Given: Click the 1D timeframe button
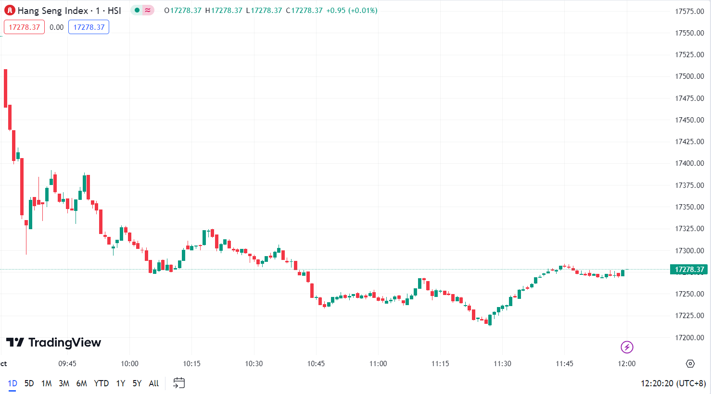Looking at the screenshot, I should (x=13, y=383).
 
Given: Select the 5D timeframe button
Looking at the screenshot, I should (x=29, y=383).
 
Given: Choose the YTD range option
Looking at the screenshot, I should (x=101, y=383).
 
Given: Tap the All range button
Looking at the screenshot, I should (x=154, y=383).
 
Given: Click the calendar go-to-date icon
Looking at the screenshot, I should (x=179, y=383).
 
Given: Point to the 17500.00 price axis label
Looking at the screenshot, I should (x=689, y=76).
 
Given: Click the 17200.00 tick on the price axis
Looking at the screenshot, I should (x=689, y=338).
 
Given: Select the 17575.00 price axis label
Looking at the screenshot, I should (x=689, y=12).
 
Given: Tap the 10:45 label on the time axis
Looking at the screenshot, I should (x=316, y=364).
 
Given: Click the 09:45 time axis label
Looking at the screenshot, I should (x=67, y=364).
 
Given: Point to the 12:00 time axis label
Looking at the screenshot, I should (x=626, y=364).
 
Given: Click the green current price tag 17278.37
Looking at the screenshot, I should (x=689, y=270).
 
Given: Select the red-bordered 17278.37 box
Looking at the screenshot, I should (x=24, y=27).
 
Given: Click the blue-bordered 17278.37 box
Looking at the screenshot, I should (x=89, y=27).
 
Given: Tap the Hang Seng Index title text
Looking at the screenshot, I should (x=53, y=11).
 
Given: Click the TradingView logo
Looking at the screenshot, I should (x=53, y=343).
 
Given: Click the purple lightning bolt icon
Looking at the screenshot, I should (x=627, y=347).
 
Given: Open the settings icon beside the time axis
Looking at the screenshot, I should (x=690, y=364).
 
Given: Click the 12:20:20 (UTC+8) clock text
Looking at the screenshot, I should (x=673, y=383).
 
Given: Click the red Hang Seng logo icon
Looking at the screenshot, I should (x=10, y=10).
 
